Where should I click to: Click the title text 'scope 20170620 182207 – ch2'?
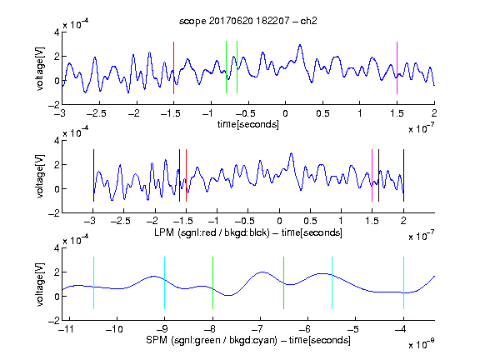[248, 21]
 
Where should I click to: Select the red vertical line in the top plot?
[173, 67]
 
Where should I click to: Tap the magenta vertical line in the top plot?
[397, 67]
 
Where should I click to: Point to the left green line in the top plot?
[226, 67]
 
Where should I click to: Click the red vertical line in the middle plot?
[186, 175]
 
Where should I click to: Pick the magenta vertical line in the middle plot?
[372, 175]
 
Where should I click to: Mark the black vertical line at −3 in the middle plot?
[93, 175]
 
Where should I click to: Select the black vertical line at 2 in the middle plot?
[403, 175]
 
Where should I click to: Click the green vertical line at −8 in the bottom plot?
[212, 282]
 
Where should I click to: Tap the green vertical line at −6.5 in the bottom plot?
[284, 282]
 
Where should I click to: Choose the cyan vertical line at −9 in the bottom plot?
[164, 282]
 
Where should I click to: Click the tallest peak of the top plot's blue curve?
[300, 45]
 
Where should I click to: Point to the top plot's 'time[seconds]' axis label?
[248, 124]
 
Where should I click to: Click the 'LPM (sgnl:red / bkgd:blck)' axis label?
[212, 232]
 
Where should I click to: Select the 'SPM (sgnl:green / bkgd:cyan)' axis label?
[212, 340]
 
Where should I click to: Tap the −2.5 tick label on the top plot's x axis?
[96, 113]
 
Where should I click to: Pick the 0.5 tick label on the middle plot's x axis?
[310, 221]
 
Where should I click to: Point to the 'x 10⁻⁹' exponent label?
[422, 344]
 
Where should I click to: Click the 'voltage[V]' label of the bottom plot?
[40, 284]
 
